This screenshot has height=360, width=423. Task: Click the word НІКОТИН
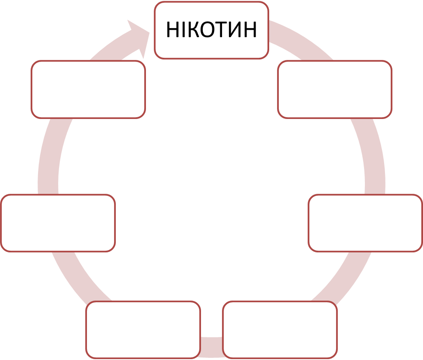[211, 30]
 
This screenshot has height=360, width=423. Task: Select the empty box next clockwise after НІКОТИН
[334, 89]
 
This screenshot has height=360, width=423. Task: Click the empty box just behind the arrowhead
[88, 89]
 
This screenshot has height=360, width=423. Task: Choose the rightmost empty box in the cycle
[365, 223]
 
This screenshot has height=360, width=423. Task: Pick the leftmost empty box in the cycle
[58, 223]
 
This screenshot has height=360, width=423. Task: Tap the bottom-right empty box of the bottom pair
[280, 329]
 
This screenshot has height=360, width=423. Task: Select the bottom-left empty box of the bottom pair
[143, 329]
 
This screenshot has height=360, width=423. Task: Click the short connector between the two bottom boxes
[211, 343]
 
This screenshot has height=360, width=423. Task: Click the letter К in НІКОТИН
[195, 30]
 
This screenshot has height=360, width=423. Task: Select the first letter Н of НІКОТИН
[173, 30]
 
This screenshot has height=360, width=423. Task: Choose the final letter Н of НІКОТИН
[250, 30]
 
